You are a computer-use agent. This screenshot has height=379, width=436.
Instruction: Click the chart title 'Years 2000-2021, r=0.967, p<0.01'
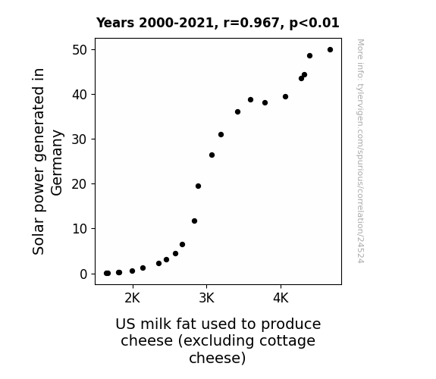218,23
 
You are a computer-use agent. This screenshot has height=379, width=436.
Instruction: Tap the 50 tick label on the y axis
80,50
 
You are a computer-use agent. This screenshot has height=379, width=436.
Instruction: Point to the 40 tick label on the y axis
80,95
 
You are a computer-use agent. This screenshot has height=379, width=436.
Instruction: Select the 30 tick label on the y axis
80,139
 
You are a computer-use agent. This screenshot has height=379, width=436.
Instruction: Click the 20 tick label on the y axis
80,184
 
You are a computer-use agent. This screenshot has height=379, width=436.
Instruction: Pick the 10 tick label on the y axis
80,229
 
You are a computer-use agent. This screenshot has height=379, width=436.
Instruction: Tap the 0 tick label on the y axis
83,274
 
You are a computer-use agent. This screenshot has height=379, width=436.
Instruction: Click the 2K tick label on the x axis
133,299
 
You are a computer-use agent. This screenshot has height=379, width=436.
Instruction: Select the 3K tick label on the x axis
206,299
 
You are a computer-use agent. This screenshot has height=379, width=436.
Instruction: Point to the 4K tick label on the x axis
281,299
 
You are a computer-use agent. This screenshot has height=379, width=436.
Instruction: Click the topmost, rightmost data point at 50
330,50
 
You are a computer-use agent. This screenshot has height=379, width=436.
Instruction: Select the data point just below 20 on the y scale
198,186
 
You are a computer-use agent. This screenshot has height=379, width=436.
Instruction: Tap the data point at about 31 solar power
221,135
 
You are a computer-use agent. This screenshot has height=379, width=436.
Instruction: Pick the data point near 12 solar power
194,221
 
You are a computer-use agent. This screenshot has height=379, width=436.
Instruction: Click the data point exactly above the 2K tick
133,271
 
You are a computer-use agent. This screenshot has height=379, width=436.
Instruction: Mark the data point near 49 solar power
310,56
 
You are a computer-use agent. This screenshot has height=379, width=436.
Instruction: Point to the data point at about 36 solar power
238,111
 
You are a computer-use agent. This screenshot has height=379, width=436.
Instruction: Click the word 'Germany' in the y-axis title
57,163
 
